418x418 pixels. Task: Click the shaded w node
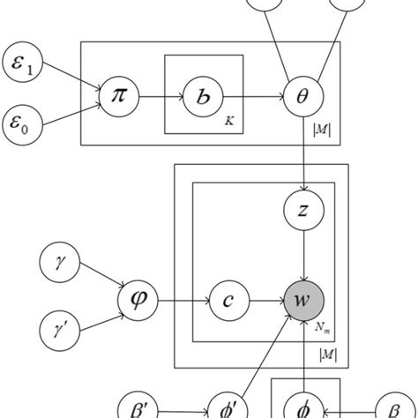(x=302, y=301)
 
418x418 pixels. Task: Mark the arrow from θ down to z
(x=302, y=150)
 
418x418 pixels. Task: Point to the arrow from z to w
(x=302, y=256)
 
